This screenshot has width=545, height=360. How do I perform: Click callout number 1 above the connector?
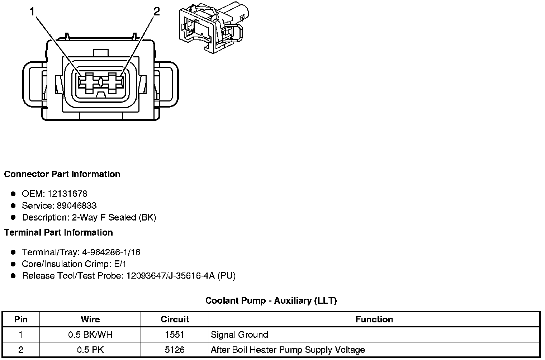pos(32,12)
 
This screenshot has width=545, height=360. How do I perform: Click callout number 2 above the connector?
pos(156,12)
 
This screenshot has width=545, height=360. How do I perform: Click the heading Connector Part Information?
pos(62,174)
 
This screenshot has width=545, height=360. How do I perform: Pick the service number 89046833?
pos(77,206)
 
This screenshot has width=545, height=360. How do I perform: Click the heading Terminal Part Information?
pos(58,233)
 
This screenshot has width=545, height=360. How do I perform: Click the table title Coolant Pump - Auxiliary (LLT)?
pos(271,300)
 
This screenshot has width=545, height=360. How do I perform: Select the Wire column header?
pos(90,319)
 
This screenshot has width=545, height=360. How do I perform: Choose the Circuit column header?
pos(175,319)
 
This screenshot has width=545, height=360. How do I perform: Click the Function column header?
pos(374,319)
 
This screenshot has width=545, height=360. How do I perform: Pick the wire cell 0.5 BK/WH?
pos(90,335)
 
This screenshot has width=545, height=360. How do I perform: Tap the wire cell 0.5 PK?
pos(90,350)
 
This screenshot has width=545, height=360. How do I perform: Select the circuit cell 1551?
pos(175,335)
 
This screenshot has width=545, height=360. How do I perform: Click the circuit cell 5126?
pos(175,350)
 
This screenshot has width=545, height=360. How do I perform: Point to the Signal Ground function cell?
pos(240,335)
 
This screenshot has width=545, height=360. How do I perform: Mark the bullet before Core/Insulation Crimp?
pos(13,264)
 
